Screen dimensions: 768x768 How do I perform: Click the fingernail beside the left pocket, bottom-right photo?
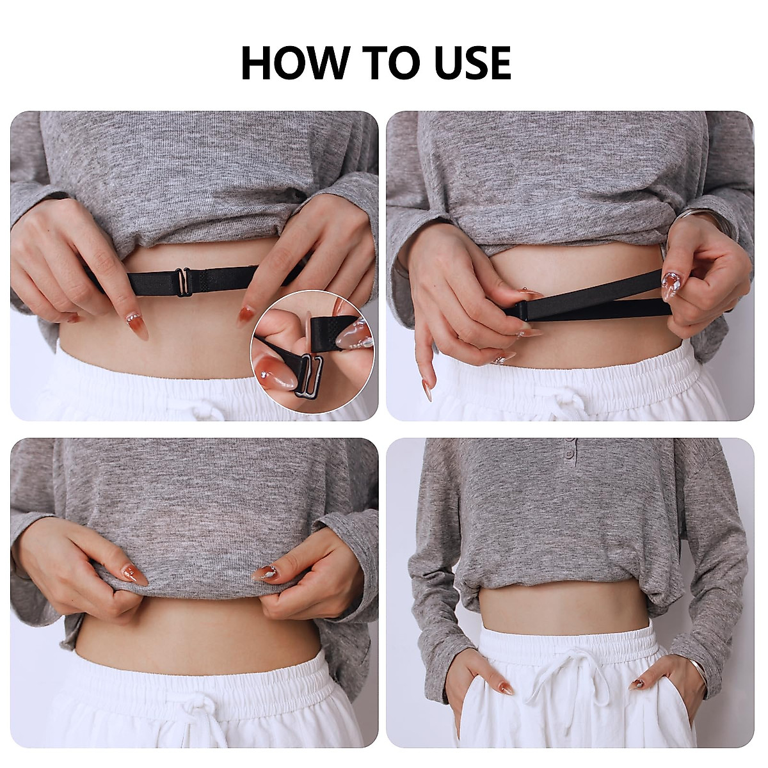[505, 689]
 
